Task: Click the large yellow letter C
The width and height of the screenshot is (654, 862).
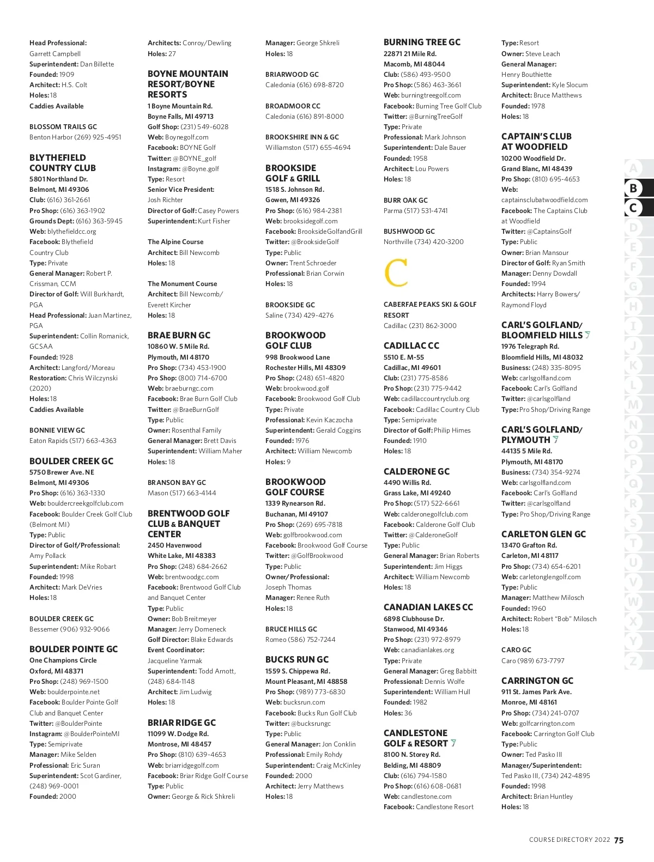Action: click(x=396, y=274)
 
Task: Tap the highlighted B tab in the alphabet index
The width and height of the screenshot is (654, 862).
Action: click(x=633, y=188)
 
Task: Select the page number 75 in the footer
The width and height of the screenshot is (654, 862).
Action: click(x=619, y=840)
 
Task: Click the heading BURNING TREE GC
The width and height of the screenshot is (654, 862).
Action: click(x=422, y=42)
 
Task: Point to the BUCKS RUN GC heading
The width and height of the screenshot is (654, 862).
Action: click(x=297, y=659)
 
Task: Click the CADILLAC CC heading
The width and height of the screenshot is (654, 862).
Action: click(x=411, y=345)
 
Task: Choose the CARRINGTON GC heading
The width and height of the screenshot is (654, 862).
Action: click(x=537, y=681)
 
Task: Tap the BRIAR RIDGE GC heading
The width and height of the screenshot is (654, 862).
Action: click(x=181, y=723)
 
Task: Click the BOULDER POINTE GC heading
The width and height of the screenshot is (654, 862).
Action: click(x=74, y=649)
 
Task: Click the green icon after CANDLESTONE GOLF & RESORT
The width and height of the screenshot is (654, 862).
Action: click(x=453, y=743)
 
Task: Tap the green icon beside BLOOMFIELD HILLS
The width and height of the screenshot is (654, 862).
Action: click(x=588, y=335)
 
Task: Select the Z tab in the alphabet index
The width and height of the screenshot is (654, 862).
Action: click(x=633, y=661)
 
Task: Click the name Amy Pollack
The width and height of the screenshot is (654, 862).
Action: click(x=47, y=556)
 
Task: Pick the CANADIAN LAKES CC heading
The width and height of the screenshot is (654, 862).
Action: click(x=428, y=607)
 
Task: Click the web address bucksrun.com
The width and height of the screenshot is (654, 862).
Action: click(x=304, y=702)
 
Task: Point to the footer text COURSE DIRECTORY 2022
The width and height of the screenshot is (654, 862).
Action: click(x=569, y=840)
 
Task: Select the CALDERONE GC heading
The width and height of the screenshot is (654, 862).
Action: click(x=416, y=471)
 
